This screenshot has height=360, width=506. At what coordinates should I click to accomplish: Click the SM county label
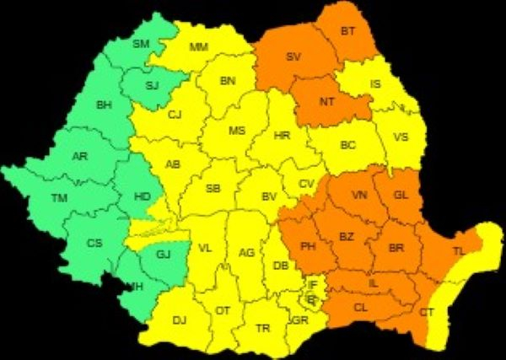[141, 43]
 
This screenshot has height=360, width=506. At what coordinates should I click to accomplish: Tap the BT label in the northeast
[347, 31]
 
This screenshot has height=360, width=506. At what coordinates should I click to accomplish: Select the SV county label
[293, 57]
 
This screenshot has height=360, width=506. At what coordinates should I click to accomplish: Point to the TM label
[59, 198]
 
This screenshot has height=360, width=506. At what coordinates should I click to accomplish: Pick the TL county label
[458, 251]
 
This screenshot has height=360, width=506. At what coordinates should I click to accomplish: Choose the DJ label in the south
[179, 320]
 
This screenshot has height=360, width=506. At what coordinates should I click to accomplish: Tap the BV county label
[269, 196]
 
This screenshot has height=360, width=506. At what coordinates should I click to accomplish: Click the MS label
[237, 131]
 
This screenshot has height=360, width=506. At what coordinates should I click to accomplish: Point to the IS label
[375, 84]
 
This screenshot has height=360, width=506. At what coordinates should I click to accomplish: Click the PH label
[308, 247]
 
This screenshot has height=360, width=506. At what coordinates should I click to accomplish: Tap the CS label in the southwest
[94, 243]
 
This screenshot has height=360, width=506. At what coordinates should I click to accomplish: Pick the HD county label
[142, 196]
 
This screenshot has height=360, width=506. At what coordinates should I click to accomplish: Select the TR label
[263, 329]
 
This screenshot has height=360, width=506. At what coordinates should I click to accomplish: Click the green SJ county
[152, 84]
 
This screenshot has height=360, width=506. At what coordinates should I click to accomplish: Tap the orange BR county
[396, 248]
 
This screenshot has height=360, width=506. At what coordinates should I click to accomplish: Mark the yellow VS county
[401, 137]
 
